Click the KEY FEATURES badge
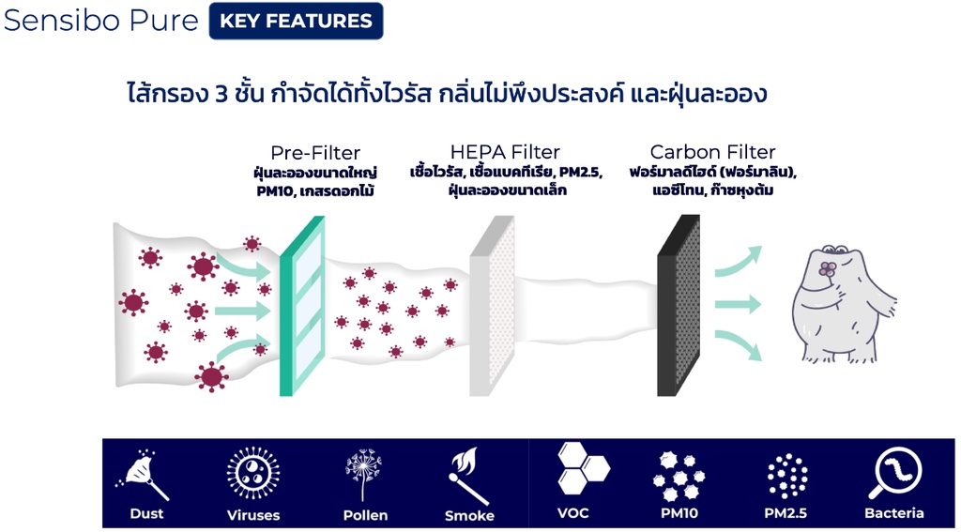pyautogui.click(x=296, y=21)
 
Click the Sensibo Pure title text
pyautogui.click(x=101, y=21)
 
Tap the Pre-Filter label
pyautogui.click(x=315, y=152)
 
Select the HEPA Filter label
pyautogui.click(x=505, y=152)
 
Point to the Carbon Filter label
pyautogui.click(x=713, y=152)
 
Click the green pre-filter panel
pyautogui.click(x=303, y=306)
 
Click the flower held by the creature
pyautogui.click(x=826, y=270)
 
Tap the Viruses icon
pyautogui.click(x=253, y=473)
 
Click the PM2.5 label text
pyautogui.click(x=786, y=513)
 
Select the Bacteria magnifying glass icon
pyautogui.click(x=893, y=474)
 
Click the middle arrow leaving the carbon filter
pyautogui.click(x=737, y=304)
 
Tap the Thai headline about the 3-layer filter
pyautogui.click(x=448, y=94)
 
